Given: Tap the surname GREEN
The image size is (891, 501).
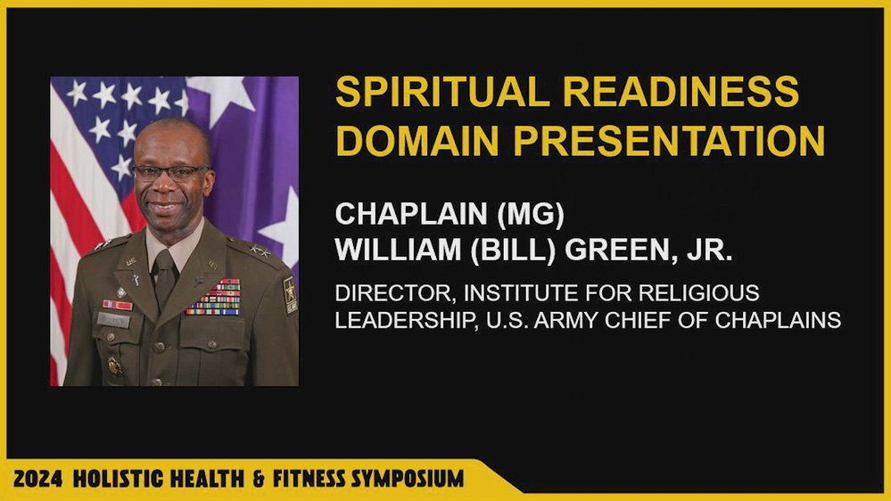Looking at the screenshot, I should tap(615, 250).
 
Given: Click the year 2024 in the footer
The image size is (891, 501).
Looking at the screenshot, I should tap(37, 479).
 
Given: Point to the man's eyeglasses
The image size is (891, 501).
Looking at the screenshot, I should tap(169, 171).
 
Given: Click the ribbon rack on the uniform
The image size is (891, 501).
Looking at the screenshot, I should tap(213, 298).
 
